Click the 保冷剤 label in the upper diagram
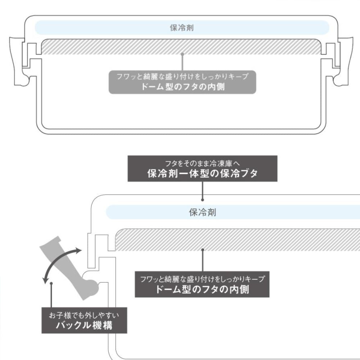pyautogui.click(x=182, y=28)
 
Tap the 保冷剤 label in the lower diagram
pyautogui.click(x=202, y=212)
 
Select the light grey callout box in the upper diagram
pyautogui.click(x=182, y=82)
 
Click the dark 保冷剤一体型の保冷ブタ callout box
pyautogui.click(x=203, y=168)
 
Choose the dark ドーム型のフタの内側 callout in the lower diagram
pyautogui.click(x=202, y=284)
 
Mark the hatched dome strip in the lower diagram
pyautogui.click(x=238, y=239)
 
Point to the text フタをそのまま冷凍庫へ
pyautogui.click(x=203, y=163)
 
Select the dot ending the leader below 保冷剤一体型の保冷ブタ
pyautogui.click(x=203, y=199)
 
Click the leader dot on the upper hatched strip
pyautogui.click(x=183, y=54)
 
